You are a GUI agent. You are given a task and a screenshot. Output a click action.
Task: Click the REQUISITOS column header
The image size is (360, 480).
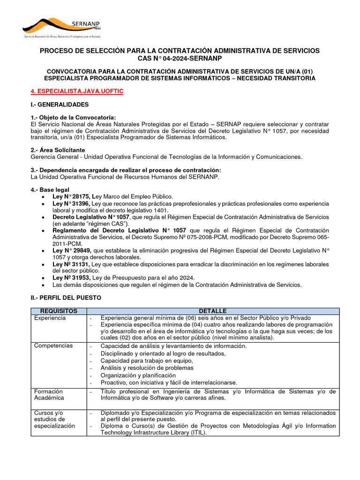(59, 311)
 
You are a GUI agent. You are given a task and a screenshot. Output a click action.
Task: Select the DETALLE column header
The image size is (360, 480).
(212, 311)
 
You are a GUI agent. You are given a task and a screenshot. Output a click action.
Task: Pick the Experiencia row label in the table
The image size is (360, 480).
(50, 318)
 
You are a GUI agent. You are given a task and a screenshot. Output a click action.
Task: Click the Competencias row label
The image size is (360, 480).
(53, 345)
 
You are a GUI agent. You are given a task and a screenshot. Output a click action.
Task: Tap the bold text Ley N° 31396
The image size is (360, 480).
(71, 204)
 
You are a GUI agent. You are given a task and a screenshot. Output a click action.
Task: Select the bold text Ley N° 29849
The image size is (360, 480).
(71, 251)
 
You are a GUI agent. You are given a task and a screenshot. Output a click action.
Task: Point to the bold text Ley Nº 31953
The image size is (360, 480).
(71, 277)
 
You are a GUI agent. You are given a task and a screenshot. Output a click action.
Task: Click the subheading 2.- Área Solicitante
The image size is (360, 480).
(58, 150)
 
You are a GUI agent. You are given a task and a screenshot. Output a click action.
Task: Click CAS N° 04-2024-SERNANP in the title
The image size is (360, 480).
(180, 58)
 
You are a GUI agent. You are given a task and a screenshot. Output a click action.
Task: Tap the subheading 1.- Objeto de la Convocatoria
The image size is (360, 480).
(73, 117)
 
